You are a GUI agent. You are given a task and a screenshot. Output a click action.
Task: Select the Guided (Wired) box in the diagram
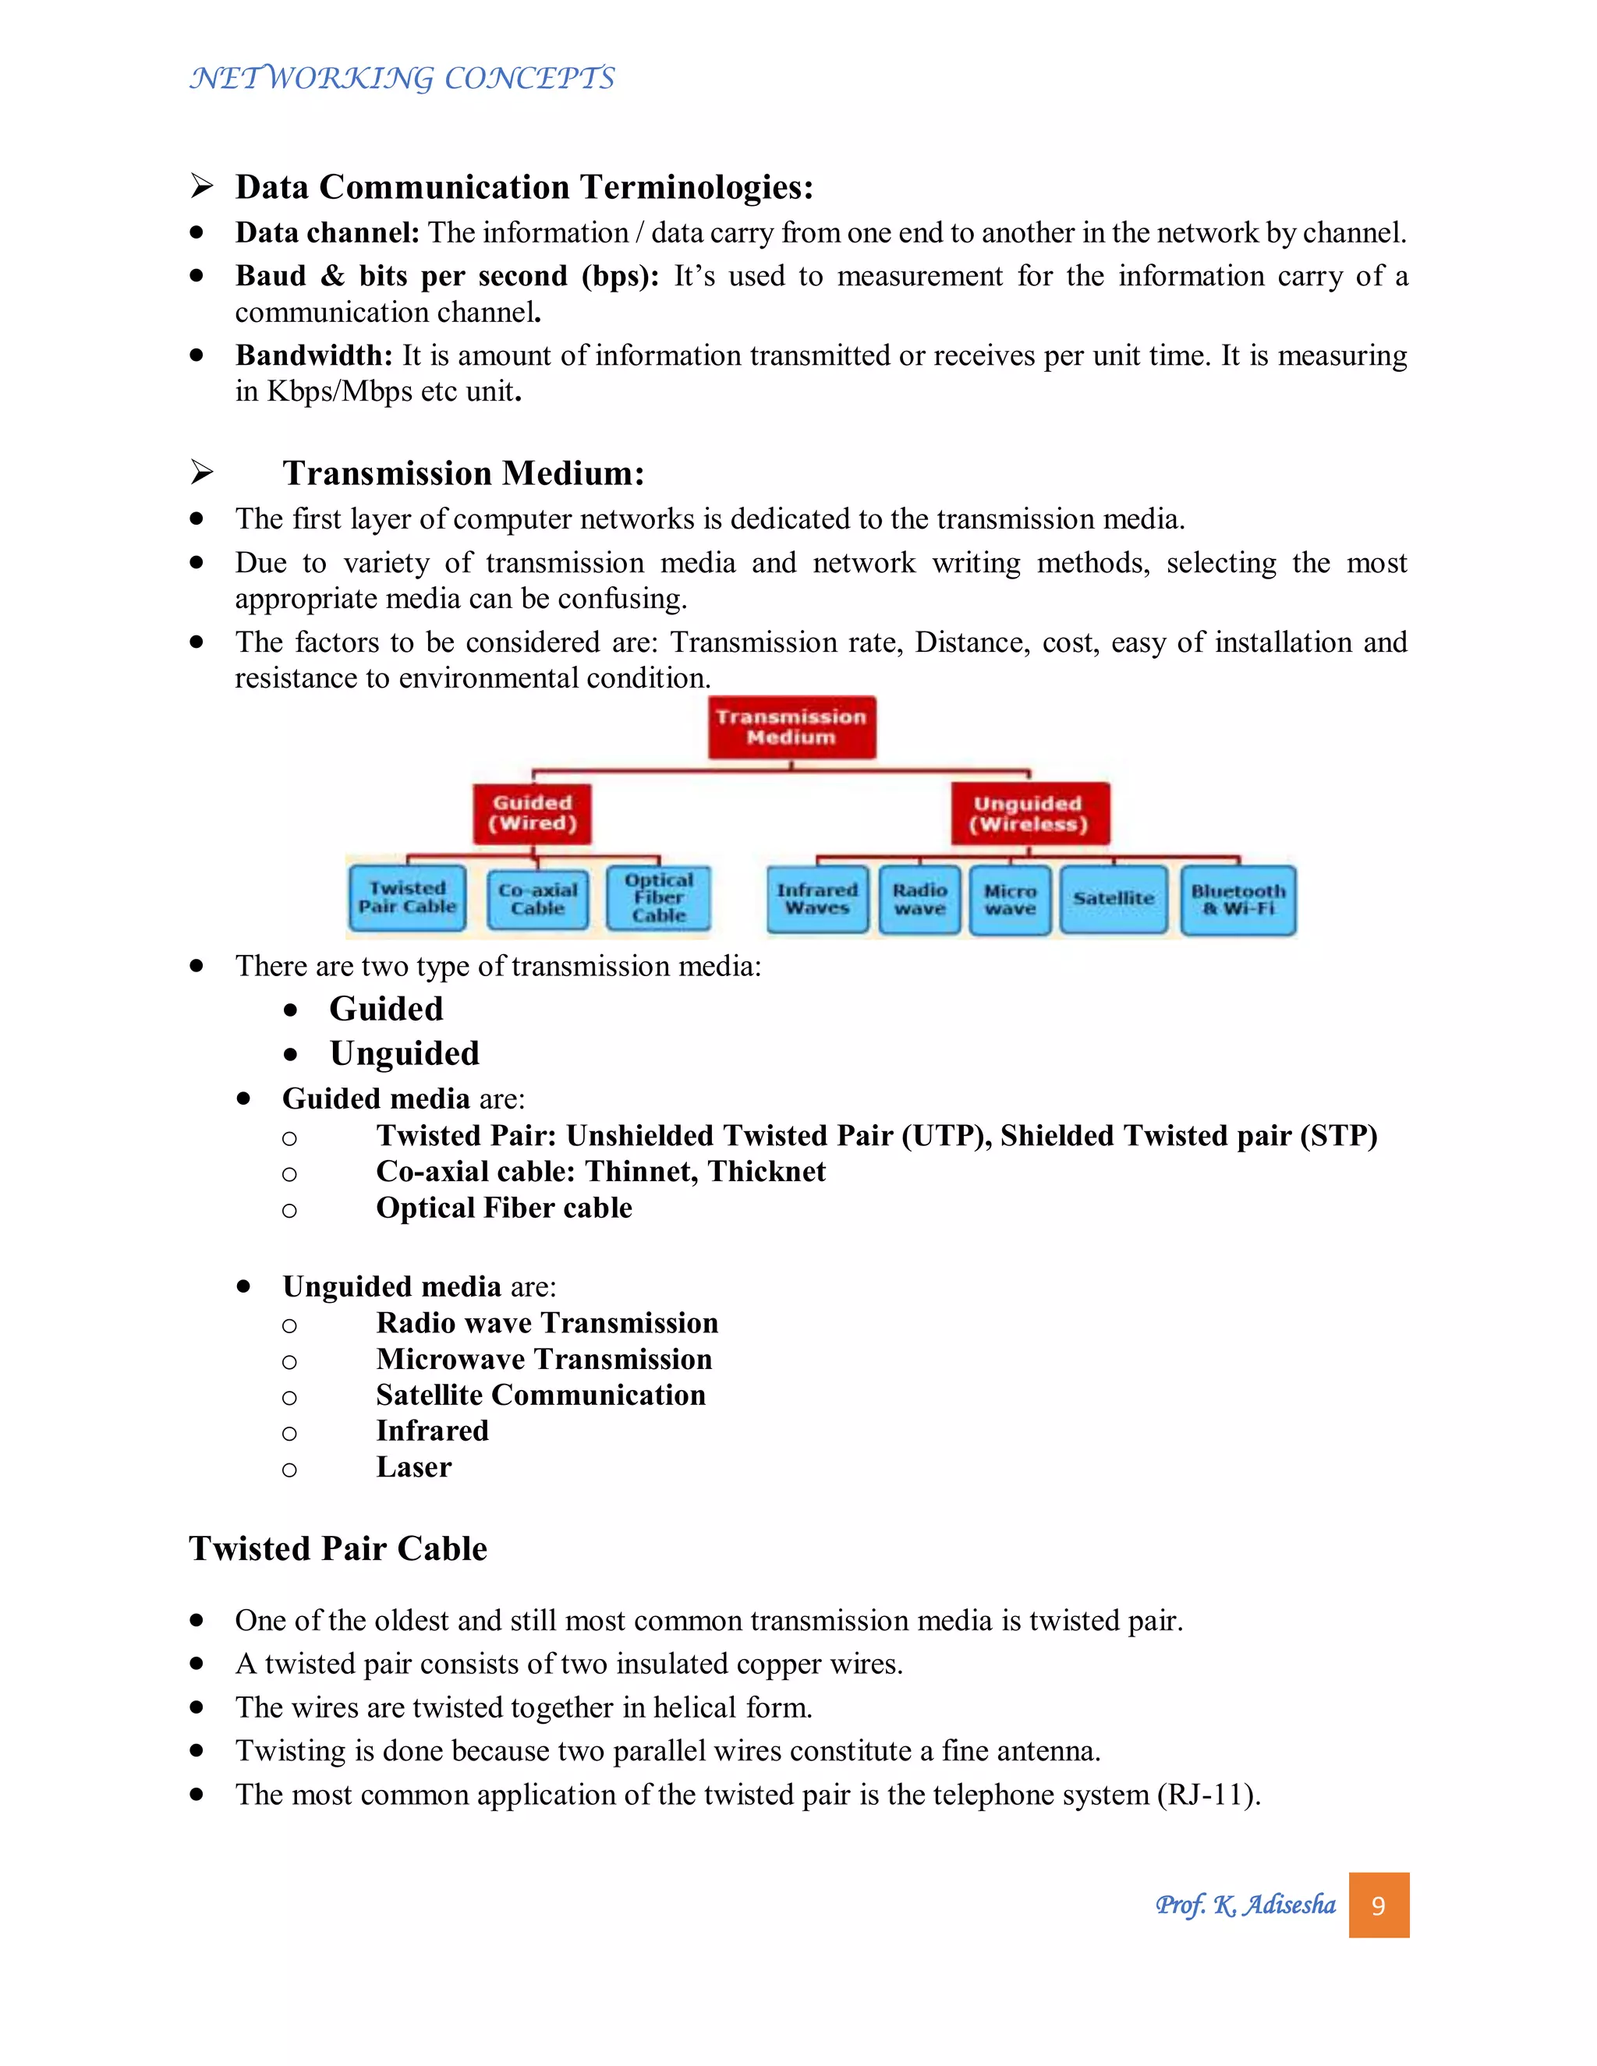[x=532, y=812]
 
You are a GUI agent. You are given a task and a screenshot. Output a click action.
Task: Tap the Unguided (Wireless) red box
[x=1029, y=812]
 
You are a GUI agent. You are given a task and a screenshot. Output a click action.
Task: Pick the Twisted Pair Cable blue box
[x=407, y=897]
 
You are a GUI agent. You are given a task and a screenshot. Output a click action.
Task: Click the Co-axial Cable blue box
[x=537, y=899]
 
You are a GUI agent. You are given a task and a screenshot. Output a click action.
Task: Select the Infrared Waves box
[x=817, y=899]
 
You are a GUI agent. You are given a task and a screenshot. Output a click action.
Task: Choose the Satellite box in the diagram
[x=1113, y=899]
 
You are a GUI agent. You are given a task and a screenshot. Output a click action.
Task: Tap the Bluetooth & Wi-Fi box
[x=1238, y=900]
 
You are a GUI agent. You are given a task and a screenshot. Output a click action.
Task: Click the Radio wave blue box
[x=919, y=899]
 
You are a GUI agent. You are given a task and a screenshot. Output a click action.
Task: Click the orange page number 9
[x=1379, y=1905]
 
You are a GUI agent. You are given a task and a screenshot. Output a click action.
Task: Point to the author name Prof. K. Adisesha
[x=1245, y=1905]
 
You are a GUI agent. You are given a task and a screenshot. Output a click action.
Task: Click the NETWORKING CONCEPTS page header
[x=402, y=77]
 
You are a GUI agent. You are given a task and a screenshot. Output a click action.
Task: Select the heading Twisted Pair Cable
[x=338, y=1548]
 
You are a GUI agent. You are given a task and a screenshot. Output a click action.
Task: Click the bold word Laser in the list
[x=413, y=1467]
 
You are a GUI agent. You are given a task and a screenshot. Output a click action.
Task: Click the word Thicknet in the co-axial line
[x=767, y=1172]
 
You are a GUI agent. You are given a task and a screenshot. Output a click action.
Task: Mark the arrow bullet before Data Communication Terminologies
[x=200, y=186]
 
